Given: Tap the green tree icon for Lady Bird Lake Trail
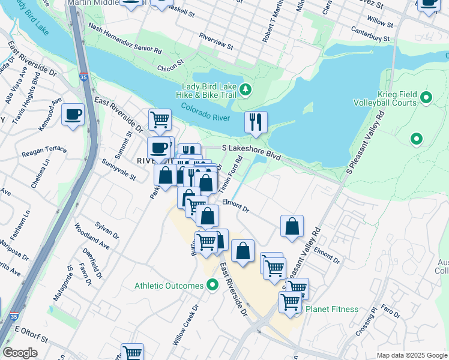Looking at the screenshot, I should [245, 90].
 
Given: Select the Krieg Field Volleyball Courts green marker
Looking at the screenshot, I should [427, 97].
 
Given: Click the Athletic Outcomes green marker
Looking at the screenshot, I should [212, 286].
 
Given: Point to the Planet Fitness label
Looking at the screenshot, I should [332, 310].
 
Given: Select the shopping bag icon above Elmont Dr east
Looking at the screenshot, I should [292, 227].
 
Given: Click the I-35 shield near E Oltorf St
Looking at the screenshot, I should [13, 316].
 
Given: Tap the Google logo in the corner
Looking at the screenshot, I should [20, 353].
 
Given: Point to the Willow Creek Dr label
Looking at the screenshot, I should [185, 323].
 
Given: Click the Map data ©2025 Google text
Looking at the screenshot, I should [411, 355].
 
